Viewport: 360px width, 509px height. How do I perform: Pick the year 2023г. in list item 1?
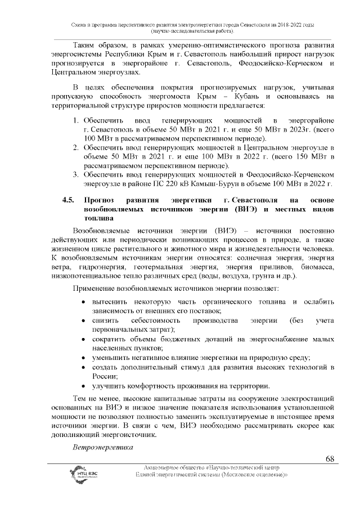pyautogui.click(x=277, y=129)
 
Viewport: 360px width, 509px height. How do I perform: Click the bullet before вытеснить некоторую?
pyautogui.click(x=83, y=303)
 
